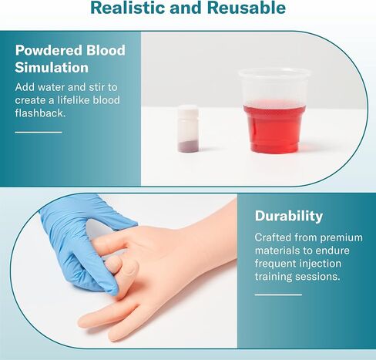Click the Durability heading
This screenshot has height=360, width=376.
click(289, 216)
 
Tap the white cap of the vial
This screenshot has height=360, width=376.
click(189, 110)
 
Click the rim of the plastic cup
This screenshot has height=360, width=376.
click(276, 74)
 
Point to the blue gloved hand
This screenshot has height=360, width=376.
click(77, 235)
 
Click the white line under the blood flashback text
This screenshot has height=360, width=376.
click(38, 133)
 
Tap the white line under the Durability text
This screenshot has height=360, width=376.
click(278, 294)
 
